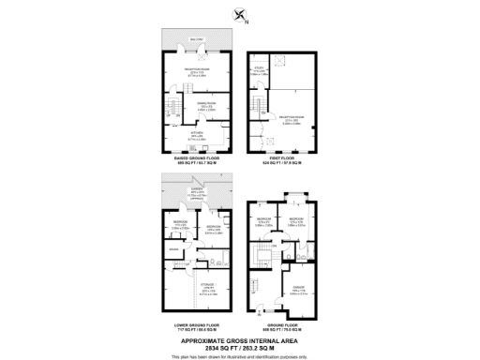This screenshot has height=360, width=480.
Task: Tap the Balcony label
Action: (x=195, y=39)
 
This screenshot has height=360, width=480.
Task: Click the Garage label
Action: (x=299, y=290)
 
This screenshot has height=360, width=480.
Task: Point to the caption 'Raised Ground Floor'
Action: (x=195, y=159)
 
